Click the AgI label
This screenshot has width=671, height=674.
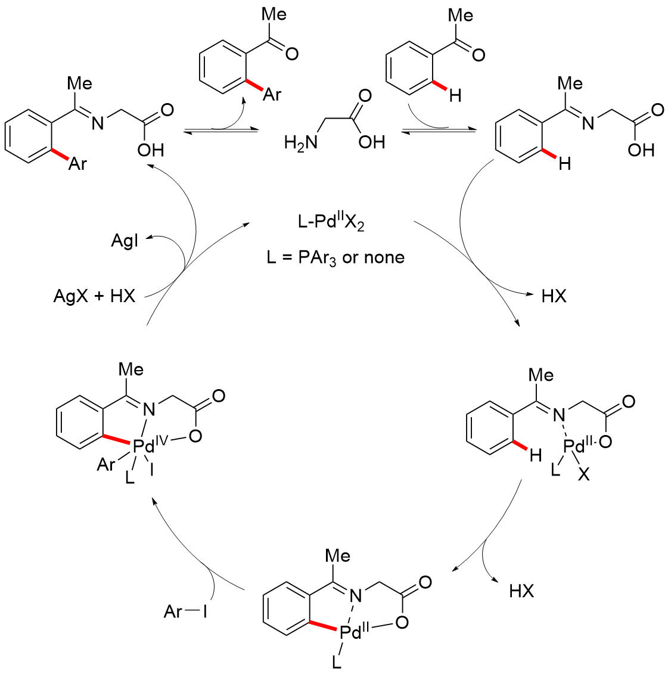(125, 241)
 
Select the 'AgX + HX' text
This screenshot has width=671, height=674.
(95, 296)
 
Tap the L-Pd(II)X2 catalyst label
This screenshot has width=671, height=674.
(331, 222)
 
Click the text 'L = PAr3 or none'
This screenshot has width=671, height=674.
(335, 257)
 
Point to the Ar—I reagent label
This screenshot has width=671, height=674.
(185, 611)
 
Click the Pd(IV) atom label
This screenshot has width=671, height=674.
(143, 446)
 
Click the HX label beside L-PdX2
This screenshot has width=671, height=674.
(554, 296)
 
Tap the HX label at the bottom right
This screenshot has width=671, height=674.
(521, 591)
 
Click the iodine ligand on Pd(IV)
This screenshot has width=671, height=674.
(152, 470)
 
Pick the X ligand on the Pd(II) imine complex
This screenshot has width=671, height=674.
(583, 475)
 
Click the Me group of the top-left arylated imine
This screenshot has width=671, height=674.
(79, 83)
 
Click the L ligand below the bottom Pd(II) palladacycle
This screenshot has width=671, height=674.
(337, 662)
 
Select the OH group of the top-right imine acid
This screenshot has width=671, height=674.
(641, 150)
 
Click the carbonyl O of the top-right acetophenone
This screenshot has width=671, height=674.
(478, 55)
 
